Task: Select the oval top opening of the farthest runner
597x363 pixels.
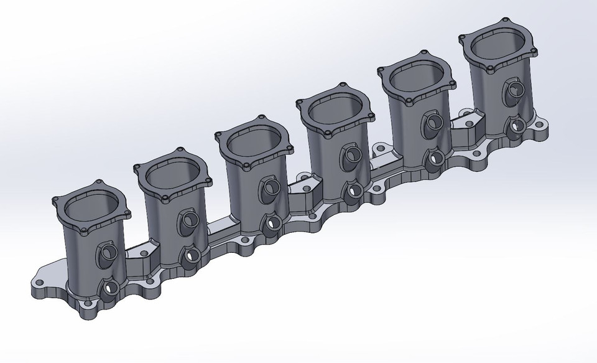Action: (497, 45)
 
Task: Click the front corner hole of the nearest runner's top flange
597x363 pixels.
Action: (86, 232)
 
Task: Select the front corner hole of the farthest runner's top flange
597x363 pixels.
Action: (491, 70)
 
